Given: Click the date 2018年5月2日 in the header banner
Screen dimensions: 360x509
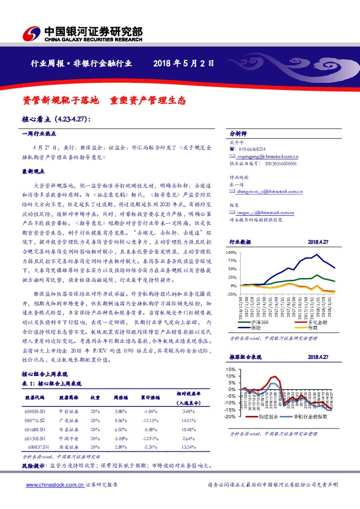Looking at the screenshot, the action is [x=185, y=63].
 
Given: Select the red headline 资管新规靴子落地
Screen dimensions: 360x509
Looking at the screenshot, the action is [x=56, y=98].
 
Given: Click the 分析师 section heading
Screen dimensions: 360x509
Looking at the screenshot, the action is [x=239, y=134].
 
